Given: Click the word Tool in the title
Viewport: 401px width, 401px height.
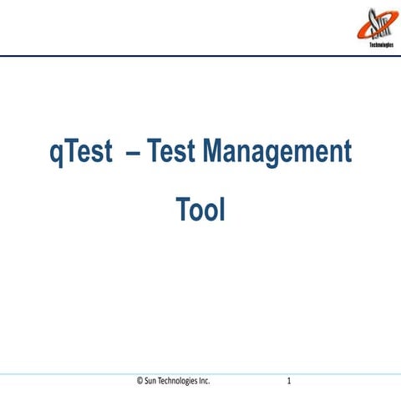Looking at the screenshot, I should click(x=200, y=210).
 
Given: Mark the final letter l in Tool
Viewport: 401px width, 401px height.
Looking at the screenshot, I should click(x=222, y=209).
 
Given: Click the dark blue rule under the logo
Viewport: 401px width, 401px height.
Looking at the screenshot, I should click(x=200, y=56).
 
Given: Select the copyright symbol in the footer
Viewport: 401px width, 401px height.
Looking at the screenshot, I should click(x=140, y=381).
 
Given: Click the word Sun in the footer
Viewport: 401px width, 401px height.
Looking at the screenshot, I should click(x=150, y=381).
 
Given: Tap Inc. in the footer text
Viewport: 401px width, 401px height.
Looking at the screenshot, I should click(x=206, y=381).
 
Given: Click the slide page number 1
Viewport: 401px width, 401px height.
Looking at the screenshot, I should click(x=287, y=381).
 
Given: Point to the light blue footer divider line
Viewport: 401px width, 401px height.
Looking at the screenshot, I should click(x=200, y=373).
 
